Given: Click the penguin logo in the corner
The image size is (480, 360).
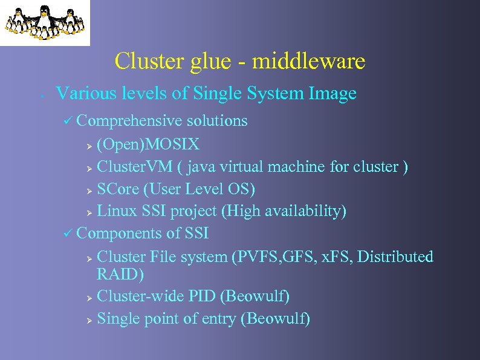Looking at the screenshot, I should click(x=44, y=22).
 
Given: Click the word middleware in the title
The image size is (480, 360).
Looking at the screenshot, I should click(x=308, y=61).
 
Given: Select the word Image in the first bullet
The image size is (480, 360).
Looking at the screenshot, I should click(x=332, y=94).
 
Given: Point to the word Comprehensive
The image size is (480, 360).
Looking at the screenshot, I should click(x=129, y=121).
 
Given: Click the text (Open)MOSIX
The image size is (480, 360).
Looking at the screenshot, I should click(x=148, y=145).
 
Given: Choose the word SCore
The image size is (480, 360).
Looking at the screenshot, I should click(x=117, y=189).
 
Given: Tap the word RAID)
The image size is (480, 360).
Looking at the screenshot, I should click(x=120, y=275).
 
